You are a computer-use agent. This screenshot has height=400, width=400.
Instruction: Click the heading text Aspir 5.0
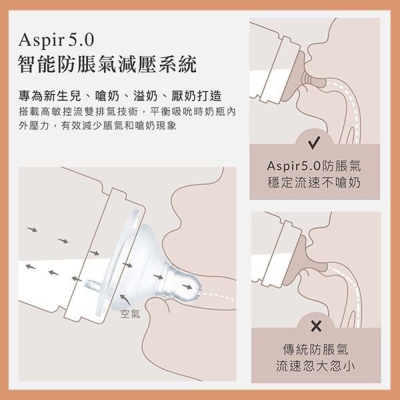pyautogui.click(x=57, y=40)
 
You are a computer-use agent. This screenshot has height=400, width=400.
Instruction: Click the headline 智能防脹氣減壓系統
pyautogui.click(x=107, y=64)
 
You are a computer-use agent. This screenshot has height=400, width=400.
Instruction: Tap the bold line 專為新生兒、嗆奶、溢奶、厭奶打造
pyautogui.click(x=120, y=95)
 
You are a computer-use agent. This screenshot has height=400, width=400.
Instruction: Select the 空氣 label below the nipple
pyautogui.click(x=130, y=314)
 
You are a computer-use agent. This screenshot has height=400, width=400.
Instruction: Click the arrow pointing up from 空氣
pyautogui.click(x=125, y=299)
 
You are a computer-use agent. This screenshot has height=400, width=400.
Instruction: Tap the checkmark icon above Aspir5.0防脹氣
pyautogui.click(x=314, y=143)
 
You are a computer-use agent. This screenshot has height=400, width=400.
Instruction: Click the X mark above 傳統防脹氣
pyautogui.click(x=316, y=326)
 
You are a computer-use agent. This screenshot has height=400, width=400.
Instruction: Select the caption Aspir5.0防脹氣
pyautogui.click(x=314, y=166)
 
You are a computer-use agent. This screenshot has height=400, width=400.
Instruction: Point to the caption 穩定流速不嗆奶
pyautogui.click(x=314, y=183)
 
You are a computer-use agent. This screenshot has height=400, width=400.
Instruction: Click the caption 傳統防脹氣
pyautogui.click(x=315, y=349)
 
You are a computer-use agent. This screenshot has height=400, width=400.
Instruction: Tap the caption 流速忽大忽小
pyautogui.click(x=315, y=366)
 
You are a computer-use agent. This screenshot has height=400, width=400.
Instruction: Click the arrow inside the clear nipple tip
pyautogui.click(x=187, y=287)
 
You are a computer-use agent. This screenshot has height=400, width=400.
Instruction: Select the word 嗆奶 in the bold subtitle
pyautogui.click(x=107, y=95)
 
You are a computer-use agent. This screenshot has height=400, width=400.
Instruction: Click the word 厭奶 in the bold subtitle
pyautogui.click(x=184, y=95)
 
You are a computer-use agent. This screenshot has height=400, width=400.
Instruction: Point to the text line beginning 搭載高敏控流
pyautogui.click(x=127, y=111)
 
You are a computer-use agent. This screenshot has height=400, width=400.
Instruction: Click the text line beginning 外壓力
pyautogui.click(x=97, y=125)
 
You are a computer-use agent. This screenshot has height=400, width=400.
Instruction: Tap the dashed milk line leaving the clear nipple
pyautogui.click(x=219, y=296)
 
